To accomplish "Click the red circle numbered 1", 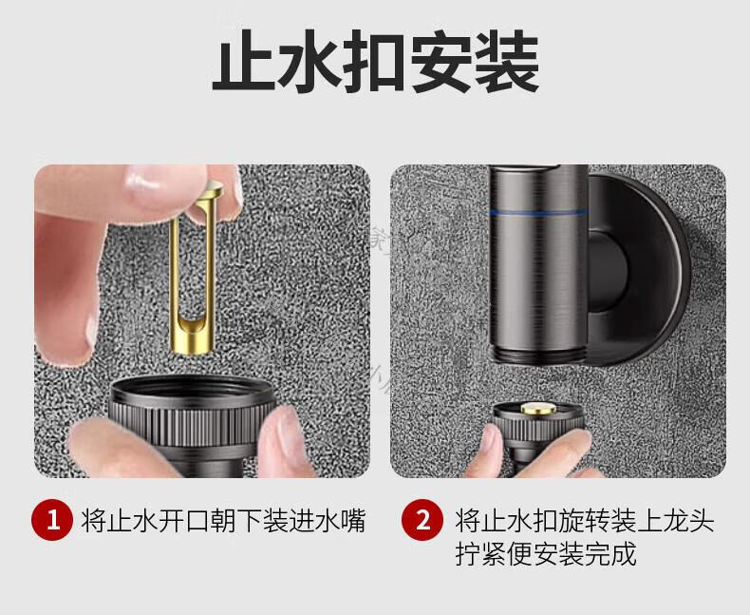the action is point(52,520).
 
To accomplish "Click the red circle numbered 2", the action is point(422,520).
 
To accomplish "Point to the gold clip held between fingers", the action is point(195,268).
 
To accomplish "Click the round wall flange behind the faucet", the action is point(641,268).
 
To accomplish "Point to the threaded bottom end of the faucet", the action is point(539,355).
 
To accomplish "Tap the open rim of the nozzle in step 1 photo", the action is point(194,389).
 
